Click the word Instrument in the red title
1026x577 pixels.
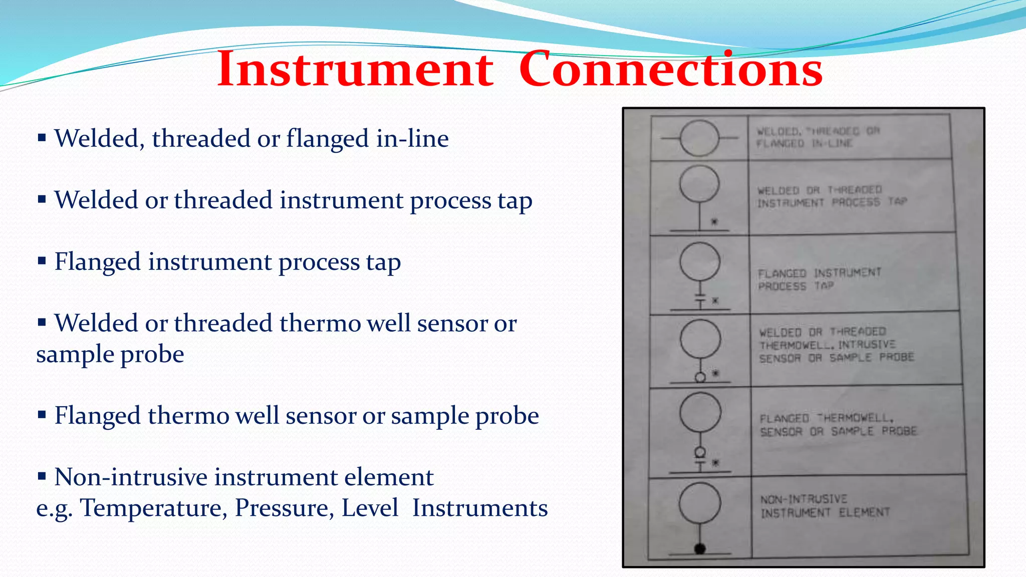[x=355, y=70]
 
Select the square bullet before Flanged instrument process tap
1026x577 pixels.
[x=42, y=260]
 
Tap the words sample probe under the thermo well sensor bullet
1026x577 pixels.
[x=110, y=355]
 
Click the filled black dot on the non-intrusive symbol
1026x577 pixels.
[x=700, y=548]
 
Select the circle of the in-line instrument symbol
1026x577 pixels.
[x=699, y=138]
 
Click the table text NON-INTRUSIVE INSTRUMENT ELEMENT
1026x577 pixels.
[x=825, y=506]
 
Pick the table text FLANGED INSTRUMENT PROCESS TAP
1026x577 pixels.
[x=819, y=279]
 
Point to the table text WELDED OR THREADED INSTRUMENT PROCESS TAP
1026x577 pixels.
[x=832, y=196]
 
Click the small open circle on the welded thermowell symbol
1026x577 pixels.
[x=700, y=377]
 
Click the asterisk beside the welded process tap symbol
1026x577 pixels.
[x=714, y=221]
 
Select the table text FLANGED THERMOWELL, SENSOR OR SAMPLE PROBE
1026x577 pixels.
[x=838, y=425]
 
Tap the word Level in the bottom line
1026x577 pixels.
[x=370, y=508]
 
